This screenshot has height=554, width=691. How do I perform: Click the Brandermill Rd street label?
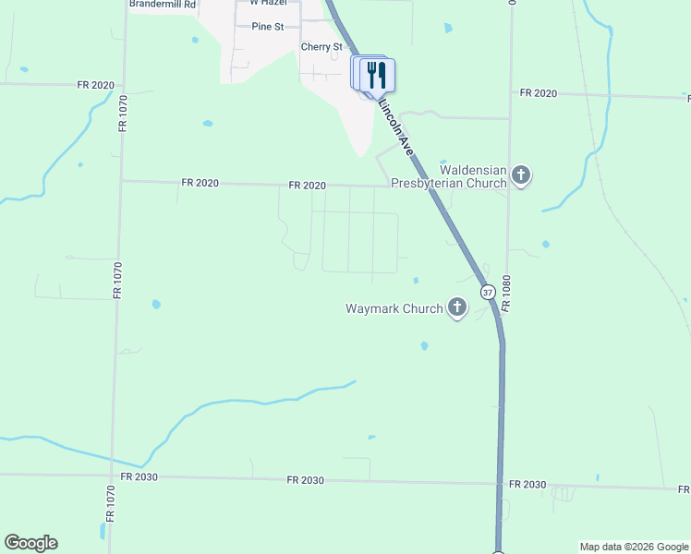[x=163, y=5]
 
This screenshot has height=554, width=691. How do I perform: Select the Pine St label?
[x=267, y=27]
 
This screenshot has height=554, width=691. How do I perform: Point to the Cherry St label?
[x=321, y=47]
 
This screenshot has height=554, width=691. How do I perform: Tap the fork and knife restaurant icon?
[x=376, y=74]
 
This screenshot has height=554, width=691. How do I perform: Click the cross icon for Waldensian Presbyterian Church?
[x=521, y=175]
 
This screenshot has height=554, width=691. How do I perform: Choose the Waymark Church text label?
[x=394, y=308]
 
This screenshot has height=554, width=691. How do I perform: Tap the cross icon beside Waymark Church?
[x=457, y=307]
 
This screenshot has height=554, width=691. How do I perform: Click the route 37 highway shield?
[x=488, y=292]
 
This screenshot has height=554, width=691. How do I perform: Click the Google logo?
[x=30, y=543]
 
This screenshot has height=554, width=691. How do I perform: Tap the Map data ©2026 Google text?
[x=634, y=548]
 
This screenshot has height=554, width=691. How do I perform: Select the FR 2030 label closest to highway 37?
[x=527, y=485]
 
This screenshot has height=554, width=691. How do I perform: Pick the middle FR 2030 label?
[x=305, y=480]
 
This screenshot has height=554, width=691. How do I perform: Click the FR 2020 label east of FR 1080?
[x=539, y=93]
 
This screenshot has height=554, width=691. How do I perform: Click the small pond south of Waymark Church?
[x=424, y=345]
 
